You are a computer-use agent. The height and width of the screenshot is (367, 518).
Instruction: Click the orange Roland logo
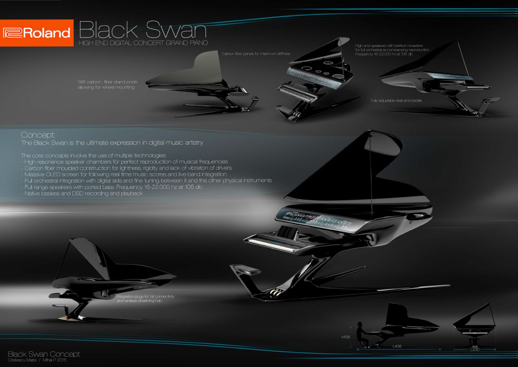36,33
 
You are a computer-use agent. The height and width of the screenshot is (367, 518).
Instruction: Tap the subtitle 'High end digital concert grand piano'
143,43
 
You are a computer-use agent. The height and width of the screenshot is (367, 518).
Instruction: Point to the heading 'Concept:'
38,135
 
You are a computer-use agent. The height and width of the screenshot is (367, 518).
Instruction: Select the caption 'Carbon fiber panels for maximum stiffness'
256,54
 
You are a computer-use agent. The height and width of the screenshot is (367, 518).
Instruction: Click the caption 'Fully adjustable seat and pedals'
396,100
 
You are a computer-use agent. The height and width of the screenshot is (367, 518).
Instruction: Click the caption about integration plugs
145,298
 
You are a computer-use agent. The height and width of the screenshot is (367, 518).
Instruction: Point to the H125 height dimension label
345,337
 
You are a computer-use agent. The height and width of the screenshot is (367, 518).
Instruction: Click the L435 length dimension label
397,346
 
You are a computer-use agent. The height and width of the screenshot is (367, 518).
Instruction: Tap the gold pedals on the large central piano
276,293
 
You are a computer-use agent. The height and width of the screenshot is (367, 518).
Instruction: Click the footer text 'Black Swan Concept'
44,354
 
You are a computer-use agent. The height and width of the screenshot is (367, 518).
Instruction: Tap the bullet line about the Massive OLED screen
124,174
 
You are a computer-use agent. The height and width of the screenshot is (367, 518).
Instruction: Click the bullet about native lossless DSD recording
82,193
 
